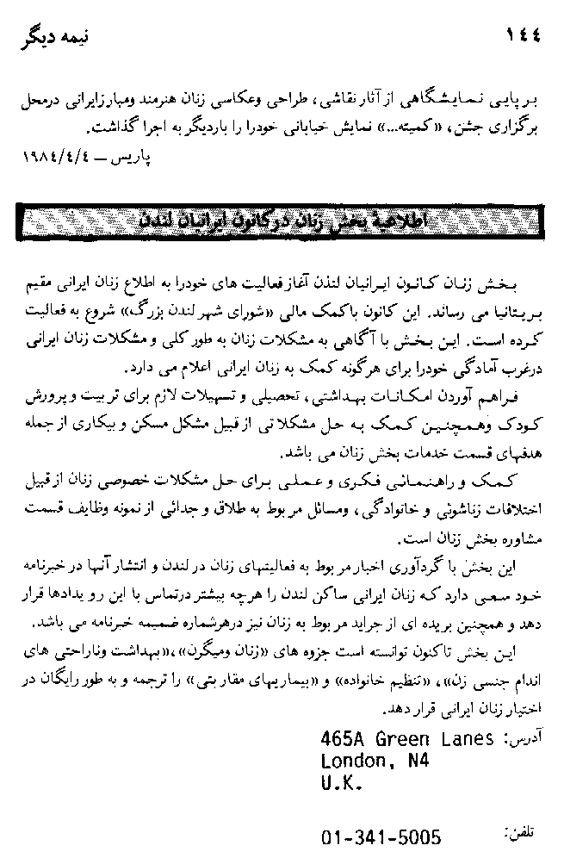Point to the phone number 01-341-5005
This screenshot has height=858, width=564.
point(381,836)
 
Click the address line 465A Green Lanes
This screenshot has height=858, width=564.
point(406,739)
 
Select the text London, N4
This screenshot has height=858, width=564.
point(375,761)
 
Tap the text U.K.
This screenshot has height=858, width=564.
point(342,783)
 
